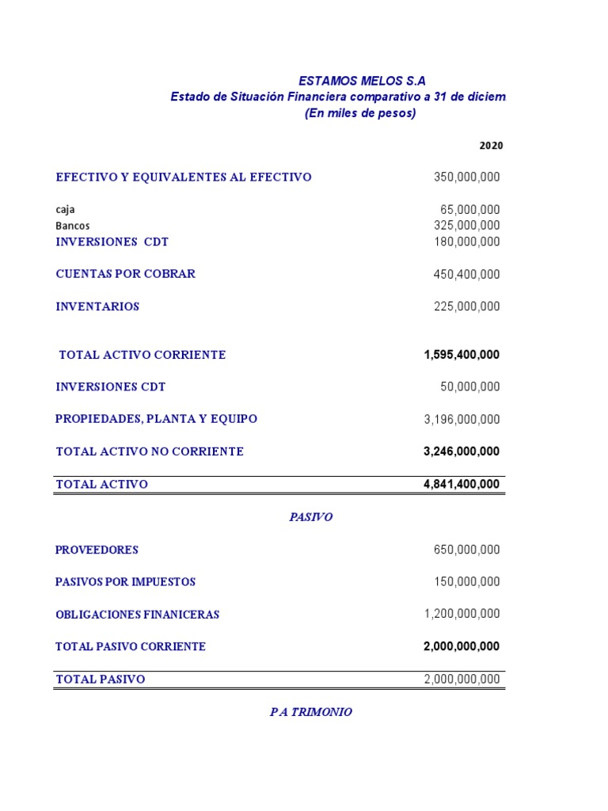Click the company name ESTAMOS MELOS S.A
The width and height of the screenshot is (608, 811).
(362, 81)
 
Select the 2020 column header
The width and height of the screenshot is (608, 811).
(491, 146)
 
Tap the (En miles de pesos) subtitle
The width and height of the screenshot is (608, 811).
(360, 113)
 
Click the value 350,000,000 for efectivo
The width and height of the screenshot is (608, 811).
(466, 177)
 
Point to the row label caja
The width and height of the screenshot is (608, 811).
(65, 210)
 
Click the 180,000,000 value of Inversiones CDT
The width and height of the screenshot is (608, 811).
(466, 242)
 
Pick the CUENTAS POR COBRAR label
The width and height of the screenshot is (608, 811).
(125, 274)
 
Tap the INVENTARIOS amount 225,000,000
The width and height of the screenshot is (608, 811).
(466, 307)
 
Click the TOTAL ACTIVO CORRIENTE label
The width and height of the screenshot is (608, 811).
(142, 355)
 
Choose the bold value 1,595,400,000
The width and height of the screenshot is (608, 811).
(462, 355)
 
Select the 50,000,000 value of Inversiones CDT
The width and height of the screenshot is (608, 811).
(470, 387)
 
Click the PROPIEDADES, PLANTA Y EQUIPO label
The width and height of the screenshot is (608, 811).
(156, 419)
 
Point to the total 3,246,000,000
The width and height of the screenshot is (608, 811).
(462, 451)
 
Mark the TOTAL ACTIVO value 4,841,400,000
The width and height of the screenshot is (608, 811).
(462, 484)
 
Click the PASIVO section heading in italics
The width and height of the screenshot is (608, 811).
(310, 517)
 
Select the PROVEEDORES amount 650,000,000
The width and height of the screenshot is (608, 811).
(466, 550)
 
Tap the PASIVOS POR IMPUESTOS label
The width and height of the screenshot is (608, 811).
(125, 582)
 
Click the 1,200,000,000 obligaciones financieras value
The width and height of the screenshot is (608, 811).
(462, 614)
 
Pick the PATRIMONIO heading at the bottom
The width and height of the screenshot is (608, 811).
(310, 712)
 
